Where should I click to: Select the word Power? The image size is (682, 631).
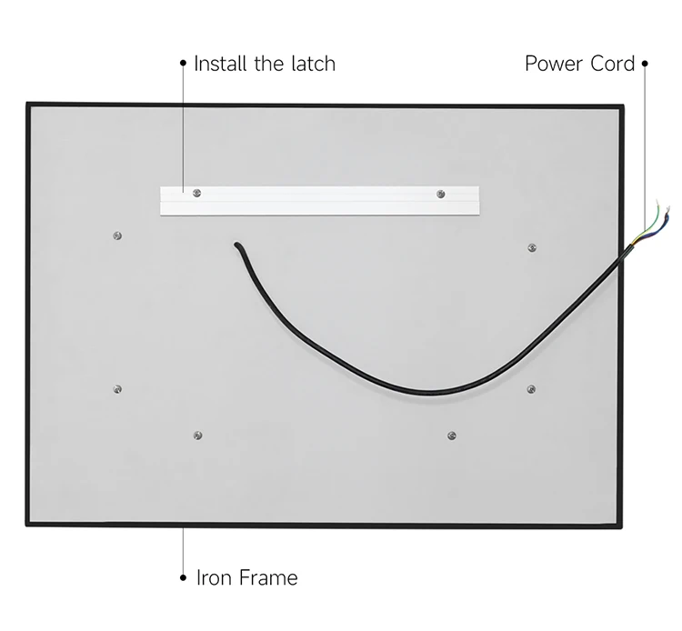point(554,64)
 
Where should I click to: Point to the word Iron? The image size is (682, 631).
point(213,577)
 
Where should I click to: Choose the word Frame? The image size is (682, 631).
point(268,577)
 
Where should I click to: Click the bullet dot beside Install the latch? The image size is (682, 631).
point(184,64)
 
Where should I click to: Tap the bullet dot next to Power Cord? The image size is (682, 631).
point(645,64)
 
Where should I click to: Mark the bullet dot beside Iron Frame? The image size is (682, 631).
point(184,577)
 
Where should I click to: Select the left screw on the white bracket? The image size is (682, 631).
point(195,192)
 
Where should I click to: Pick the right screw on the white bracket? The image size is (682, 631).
point(440,193)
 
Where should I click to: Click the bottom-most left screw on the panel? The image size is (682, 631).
point(199,436)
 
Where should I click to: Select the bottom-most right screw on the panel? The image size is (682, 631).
point(451,436)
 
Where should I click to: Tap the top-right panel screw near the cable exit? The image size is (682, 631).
point(532,246)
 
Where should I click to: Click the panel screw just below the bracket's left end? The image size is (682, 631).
point(117,235)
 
